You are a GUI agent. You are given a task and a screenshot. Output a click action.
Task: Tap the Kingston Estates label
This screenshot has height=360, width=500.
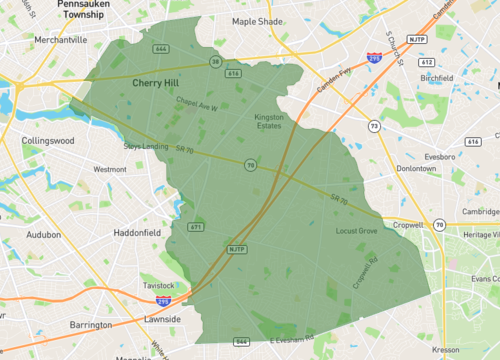[270, 122]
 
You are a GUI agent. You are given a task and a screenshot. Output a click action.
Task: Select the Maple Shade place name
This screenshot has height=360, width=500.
[259, 21]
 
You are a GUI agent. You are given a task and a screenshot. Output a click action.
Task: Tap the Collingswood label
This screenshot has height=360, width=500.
[48, 141]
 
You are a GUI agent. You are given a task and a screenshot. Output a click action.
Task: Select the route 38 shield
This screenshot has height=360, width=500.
[215, 62]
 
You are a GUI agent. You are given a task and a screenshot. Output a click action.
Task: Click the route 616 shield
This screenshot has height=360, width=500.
[233, 73]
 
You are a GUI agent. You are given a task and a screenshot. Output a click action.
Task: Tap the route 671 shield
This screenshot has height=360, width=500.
[196, 228]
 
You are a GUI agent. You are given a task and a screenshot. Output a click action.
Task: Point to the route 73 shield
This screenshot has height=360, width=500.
[373, 127]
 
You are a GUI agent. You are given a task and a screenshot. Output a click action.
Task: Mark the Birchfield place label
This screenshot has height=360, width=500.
[436, 76]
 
